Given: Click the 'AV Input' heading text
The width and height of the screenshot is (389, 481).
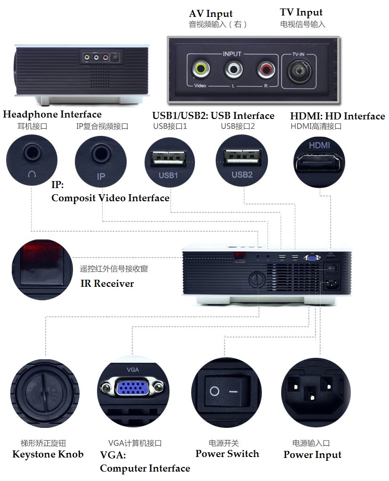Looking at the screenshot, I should (x=211, y=14).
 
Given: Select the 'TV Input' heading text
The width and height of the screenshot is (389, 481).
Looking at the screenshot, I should (x=301, y=13).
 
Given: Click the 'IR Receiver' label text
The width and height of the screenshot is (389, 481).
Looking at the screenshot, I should (x=107, y=284).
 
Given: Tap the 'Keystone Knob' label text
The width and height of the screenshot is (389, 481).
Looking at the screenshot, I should (x=48, y=454).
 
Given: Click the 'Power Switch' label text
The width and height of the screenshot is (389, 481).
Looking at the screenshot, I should (x=227, y=454).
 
